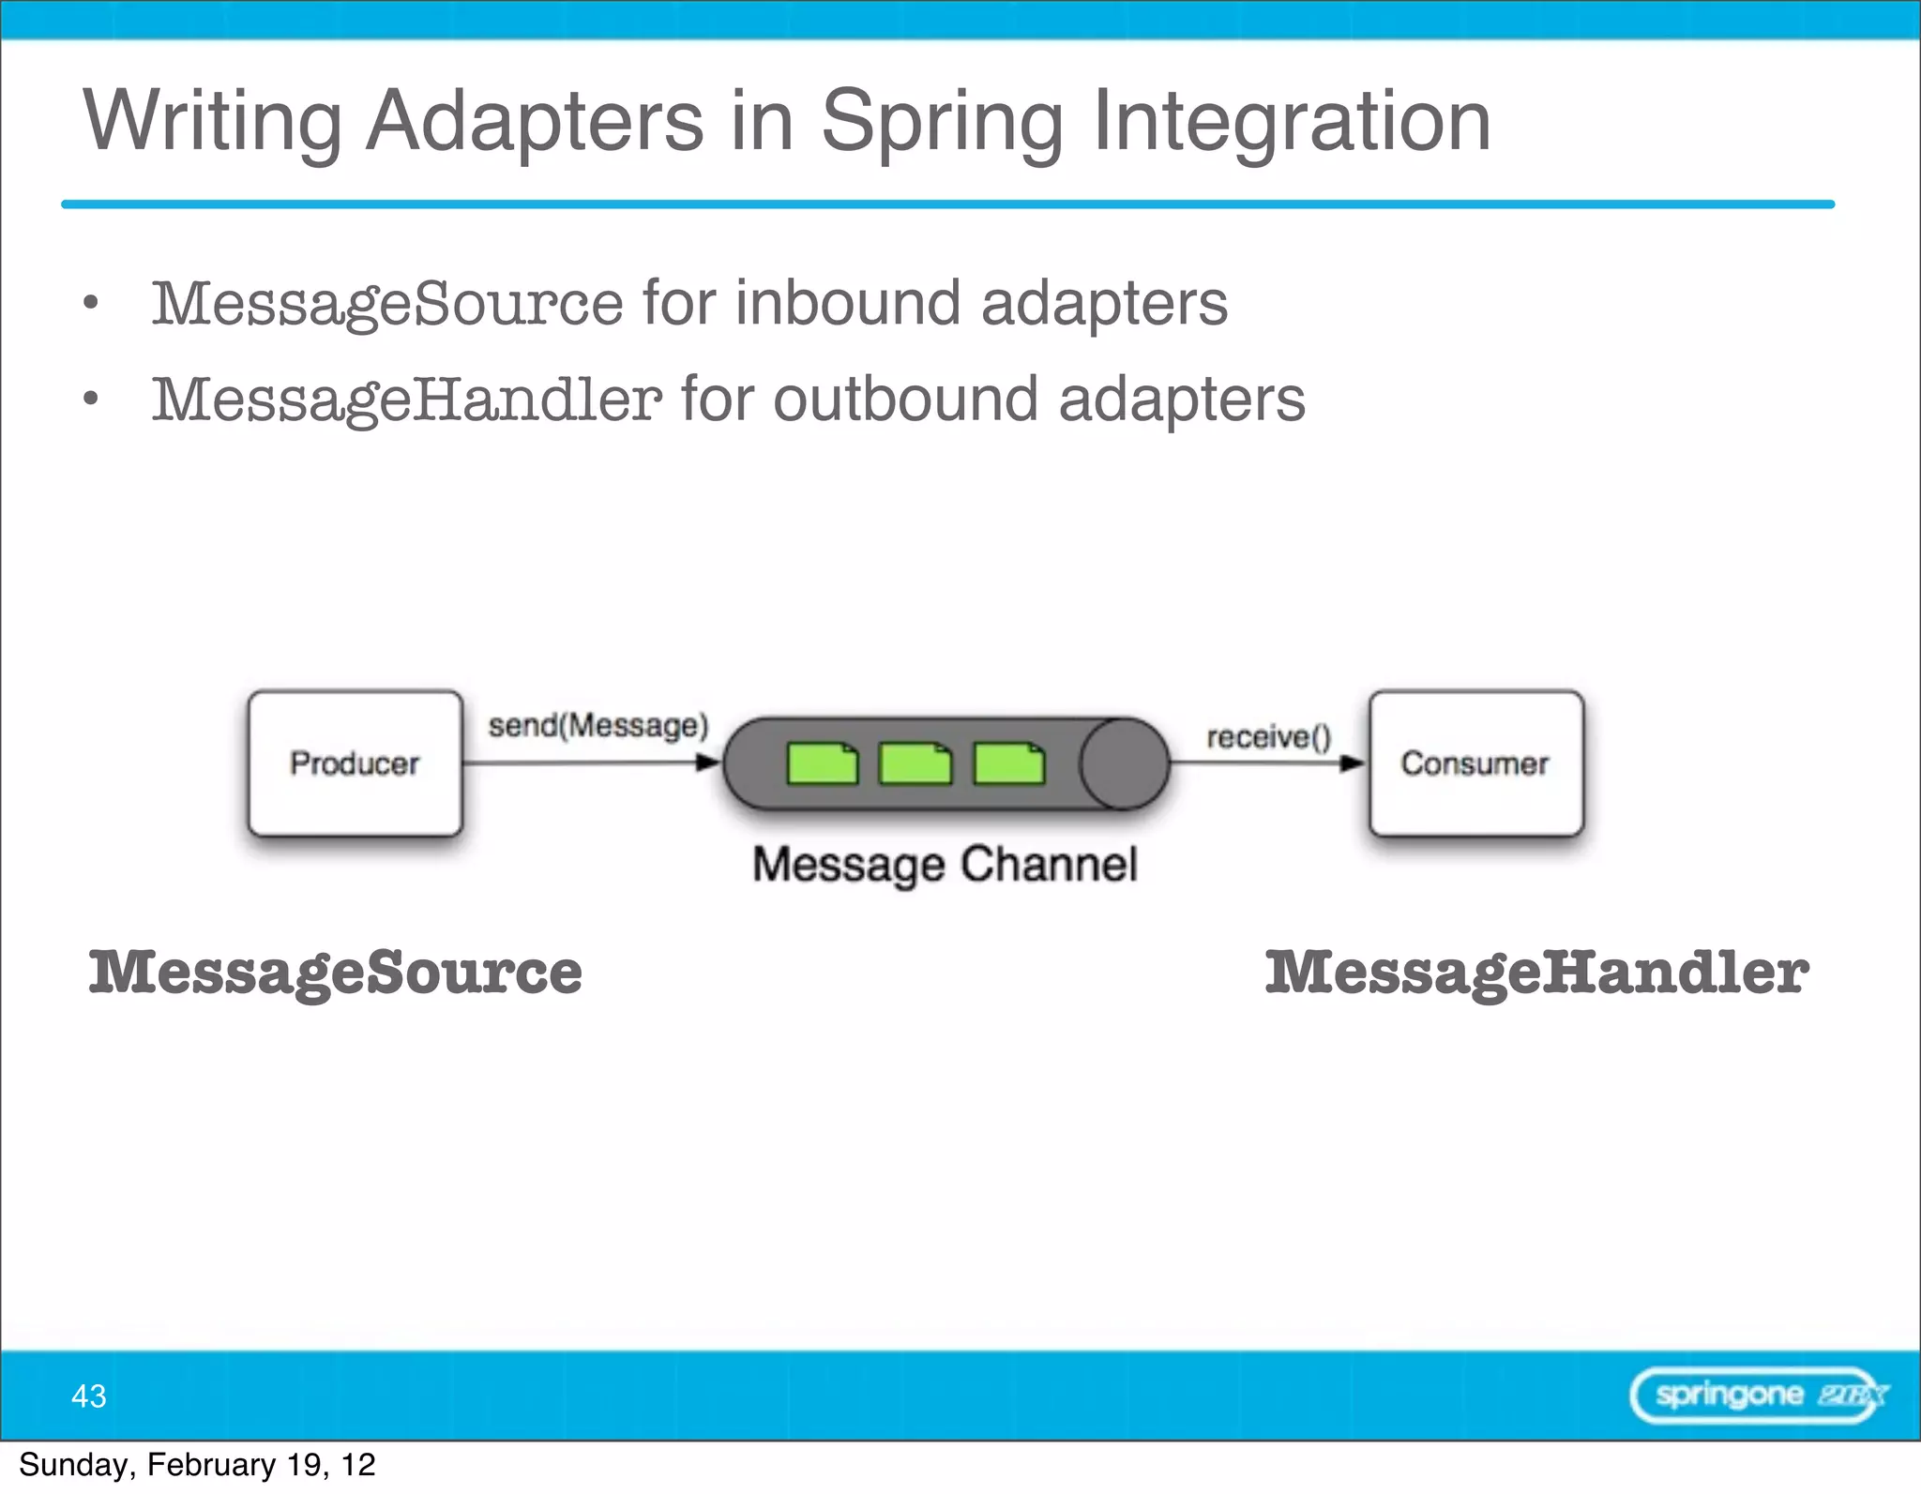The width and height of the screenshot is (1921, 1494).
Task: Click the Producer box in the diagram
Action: coord(355,762)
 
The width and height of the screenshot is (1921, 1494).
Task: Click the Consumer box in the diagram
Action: coord(1475,762)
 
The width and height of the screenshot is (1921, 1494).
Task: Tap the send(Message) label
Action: coord(597,725)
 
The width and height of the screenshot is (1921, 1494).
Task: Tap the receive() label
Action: coord(1268,737)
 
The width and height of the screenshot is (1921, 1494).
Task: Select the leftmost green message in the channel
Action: coord(822,763)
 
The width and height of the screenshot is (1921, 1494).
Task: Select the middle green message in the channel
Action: coord(915,763)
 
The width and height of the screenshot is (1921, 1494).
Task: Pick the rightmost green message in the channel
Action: coord(1008,763)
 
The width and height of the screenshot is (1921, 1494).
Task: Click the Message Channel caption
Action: coord(945,864)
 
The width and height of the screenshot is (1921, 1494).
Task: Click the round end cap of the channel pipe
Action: coord(1124,763)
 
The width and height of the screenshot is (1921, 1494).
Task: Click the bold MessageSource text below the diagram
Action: coord(335,973)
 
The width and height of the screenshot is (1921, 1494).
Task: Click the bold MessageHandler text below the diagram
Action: coord(1535,973)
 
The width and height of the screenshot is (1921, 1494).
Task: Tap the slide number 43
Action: coord(89,1396)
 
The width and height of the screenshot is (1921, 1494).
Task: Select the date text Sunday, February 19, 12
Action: coord(197,1465)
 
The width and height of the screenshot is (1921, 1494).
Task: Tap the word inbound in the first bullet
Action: coord(848,303)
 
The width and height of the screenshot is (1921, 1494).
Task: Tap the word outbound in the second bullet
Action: coord(905,400)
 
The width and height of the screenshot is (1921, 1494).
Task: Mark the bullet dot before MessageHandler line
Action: coord(90,400)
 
